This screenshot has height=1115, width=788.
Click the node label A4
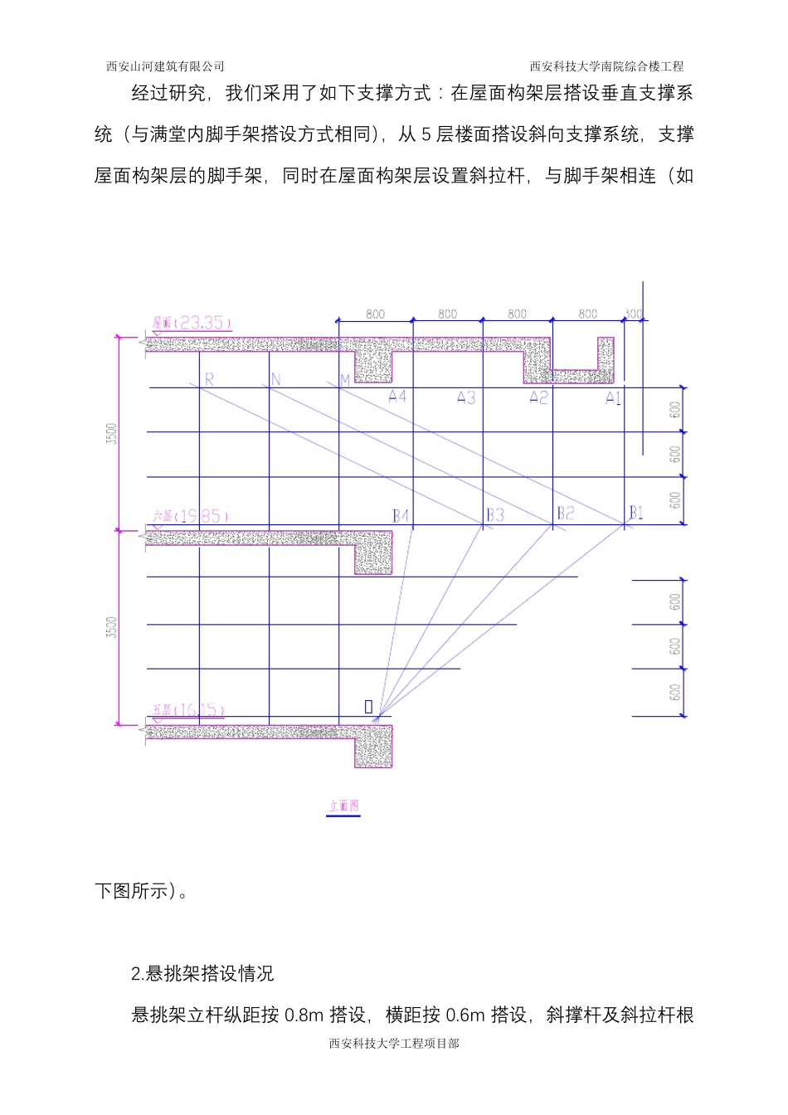pyautogui.click(x=397, y=397)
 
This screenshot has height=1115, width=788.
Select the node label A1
pyautogui.click(x=613, y=398)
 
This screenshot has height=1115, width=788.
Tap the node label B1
pyautogui.click(x=635, y=513)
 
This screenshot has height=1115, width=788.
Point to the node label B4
pyautogui.click(x=401, y=516)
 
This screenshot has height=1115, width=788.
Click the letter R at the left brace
pyautogui.click(x=209, y=379)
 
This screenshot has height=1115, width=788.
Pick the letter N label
pyautogui.click(x=276, y=379)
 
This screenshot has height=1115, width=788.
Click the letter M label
pyautogui.click(x=345, y=381)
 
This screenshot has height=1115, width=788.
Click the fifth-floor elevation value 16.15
pyautogui.click(x=200, y=710)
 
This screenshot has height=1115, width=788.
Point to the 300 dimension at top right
pyautogui.click(x=633, y=314)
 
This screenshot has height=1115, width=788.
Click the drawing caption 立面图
pyautogui.click(x=343, y=806)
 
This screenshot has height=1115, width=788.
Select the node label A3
pyautogui.click(x=466, y=398)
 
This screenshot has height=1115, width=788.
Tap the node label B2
pyautogui.click(x=565, y=514)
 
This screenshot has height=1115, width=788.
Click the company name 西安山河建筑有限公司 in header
pyautogui.click(x=165, y=66)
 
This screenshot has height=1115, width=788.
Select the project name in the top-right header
pyautogui.click(x=606, y=66)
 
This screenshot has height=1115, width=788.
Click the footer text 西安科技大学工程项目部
pyautogui.click(x=394, y=1044)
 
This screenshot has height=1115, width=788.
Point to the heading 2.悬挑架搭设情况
pyautogui.click(x=202, y=973)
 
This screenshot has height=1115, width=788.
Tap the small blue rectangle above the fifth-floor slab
pyautogui.click(x=368, y=707)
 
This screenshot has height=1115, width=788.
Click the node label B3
pyautogui.click(x=494, y=515)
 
